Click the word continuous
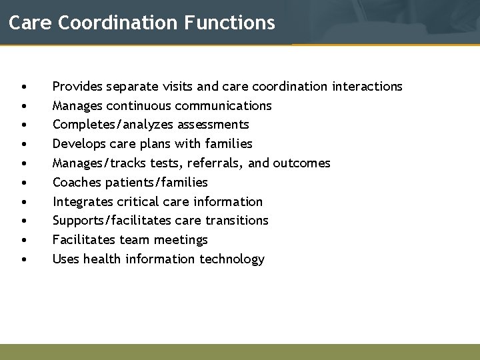tap(139, 105)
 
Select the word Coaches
tap(76, 182)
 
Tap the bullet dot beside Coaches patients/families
tap(24, 183)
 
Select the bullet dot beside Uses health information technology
tap(24, 259)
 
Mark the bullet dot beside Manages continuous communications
tap(24, 106)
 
